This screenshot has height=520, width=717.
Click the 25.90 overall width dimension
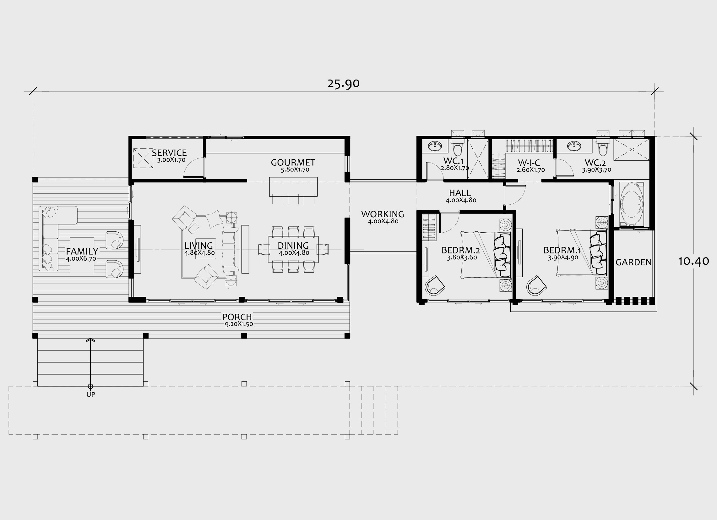click(x=343, y=83)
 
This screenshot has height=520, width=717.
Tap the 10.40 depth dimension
click(x=694, y=261)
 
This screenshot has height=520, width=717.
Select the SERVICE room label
click(x=169, y=153)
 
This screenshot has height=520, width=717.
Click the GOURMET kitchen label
click(x=293, y=162)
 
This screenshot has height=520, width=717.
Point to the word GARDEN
click(x=633, y=262)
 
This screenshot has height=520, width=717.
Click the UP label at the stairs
click(x=91, y=395)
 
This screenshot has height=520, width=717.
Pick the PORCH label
click(x=237, y=317)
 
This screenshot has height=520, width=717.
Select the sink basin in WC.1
click(x=435, y=146)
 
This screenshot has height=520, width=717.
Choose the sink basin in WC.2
click(x=574, y=146)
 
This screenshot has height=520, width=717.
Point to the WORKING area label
click(x=383, y=214)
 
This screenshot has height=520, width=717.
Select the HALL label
click(x=460, y=193)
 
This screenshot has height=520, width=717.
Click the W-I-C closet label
click(x=529, y=163)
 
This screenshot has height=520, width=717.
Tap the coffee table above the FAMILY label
click(x=82, y=254)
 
